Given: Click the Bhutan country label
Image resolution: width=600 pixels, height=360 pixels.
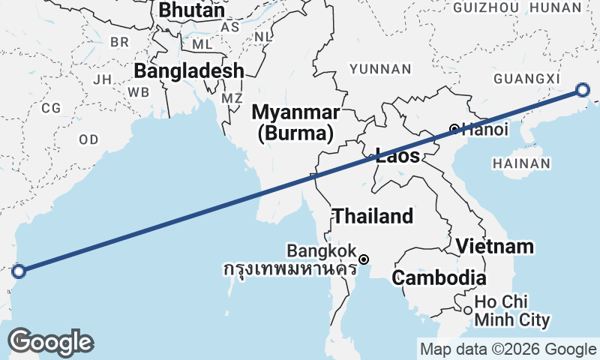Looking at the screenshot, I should coord(191,11).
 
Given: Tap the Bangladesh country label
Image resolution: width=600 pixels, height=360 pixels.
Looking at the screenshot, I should coord(189,71).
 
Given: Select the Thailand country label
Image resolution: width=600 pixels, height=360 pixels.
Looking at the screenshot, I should coord(373,217).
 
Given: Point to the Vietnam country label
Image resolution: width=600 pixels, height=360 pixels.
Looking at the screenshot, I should coord(495,246).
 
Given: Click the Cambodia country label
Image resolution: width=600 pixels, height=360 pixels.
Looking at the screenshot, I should coord(439,277).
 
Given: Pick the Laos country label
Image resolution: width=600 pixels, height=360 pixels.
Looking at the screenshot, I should coord(397,157).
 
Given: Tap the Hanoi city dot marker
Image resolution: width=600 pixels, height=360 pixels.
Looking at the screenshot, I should coord(454,129).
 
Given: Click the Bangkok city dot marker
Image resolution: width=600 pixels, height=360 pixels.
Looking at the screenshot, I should coord(364,259).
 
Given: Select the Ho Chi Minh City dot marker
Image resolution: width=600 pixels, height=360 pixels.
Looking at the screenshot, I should coord(467,310).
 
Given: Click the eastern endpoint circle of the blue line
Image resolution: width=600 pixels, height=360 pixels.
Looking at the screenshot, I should coord(583,91).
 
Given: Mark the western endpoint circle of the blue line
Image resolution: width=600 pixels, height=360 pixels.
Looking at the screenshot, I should coord(19,271).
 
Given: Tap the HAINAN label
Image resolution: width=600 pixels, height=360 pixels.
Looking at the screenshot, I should coord(522,163).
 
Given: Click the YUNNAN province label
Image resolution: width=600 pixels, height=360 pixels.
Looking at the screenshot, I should coord(381,69).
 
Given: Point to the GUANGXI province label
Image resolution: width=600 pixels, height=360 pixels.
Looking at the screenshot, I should coord(528,79).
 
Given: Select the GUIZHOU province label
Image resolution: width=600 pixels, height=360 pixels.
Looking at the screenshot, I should coord(486,7).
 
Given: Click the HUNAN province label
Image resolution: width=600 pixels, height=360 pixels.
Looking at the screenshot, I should coord(555,7).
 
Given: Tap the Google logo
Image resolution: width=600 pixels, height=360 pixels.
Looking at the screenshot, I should coord(50,342).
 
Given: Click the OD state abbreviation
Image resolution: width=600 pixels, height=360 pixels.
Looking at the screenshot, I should coord(88,139).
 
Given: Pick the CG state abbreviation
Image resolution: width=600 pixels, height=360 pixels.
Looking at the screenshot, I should coord(51,108).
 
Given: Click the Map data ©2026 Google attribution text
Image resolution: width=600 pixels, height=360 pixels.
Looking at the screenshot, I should coord(508,349).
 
